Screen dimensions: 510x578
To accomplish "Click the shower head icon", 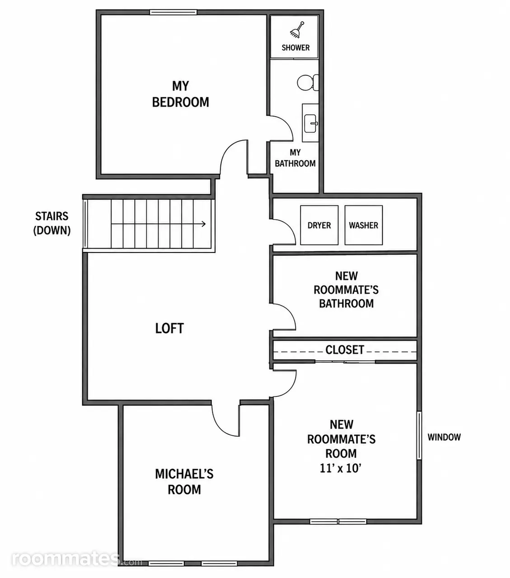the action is [x=296, y=29].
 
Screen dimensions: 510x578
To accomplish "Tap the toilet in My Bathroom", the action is [x=308, y=83].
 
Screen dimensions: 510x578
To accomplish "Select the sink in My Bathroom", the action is [x=310, y=123].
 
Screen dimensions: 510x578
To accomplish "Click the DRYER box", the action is [x=319, y=225].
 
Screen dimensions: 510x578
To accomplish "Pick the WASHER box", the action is [x=363, y=225].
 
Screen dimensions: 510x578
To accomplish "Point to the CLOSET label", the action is [x=345, y=350].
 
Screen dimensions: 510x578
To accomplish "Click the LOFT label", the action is [x=169, y=328].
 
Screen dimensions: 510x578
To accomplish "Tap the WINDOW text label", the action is [x=444, y=438].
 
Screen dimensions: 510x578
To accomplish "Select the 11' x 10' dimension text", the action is [x=341, y=468].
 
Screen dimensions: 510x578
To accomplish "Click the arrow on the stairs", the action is [x=158, y=224].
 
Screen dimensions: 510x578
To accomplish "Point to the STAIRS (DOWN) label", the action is [x=51, y=223].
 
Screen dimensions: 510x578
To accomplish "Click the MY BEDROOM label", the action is [x=180, y=94].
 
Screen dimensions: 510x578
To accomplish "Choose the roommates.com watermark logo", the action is [x=77, y=559].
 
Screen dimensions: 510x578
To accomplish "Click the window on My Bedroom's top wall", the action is [x=173, y=12].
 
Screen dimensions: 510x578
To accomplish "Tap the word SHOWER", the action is [x=296, y=48].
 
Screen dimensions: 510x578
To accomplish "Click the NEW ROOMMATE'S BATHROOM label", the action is [x=346, y=289].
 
